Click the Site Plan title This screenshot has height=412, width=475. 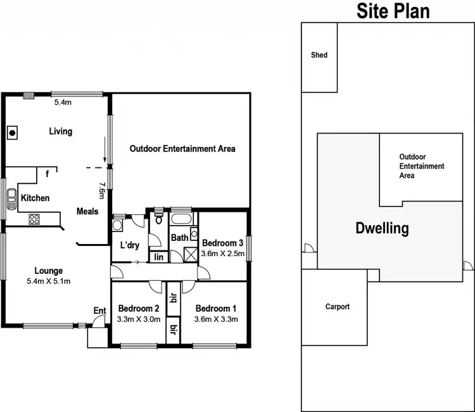tap(393, 11)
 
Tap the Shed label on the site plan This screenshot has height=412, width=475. tap(319, 55)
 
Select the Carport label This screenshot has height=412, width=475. tap(337, 307)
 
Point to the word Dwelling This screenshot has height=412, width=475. tap(381, 228)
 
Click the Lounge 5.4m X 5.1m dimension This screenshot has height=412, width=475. tap(48, 281)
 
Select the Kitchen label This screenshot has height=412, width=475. tap(35, 198)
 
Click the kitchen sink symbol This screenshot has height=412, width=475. tap(11, 202)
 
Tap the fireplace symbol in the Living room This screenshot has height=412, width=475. tap(12, 132)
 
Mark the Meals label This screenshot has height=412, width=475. tap(87, 211)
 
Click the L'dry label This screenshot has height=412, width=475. tap(129, 245)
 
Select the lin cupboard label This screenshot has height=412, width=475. tap(158, 257)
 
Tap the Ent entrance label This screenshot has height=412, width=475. tap(99, 310)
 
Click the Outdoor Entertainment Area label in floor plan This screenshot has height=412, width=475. tap(182, 149)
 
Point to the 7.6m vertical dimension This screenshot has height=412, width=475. tap(102, 190)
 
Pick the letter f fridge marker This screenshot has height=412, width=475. tap(47, 173)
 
